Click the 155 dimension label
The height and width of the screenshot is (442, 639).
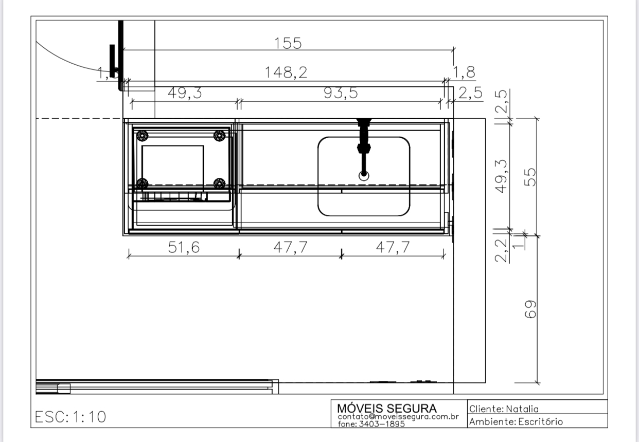click(288, 43)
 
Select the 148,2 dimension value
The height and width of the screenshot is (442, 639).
click(286, 72)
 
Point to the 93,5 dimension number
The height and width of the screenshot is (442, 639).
click(341, 93)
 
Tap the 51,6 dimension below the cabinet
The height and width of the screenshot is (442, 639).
click(184, 247)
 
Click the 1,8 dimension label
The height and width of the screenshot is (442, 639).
click(464, 72)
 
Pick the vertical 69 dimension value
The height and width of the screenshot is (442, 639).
click(530, 309)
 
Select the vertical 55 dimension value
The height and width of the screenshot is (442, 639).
click(530, 177)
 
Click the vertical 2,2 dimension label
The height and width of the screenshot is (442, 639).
click(502, 250)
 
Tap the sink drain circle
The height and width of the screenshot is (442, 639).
click(364, 176)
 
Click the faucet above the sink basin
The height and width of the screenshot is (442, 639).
click(364, 147)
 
